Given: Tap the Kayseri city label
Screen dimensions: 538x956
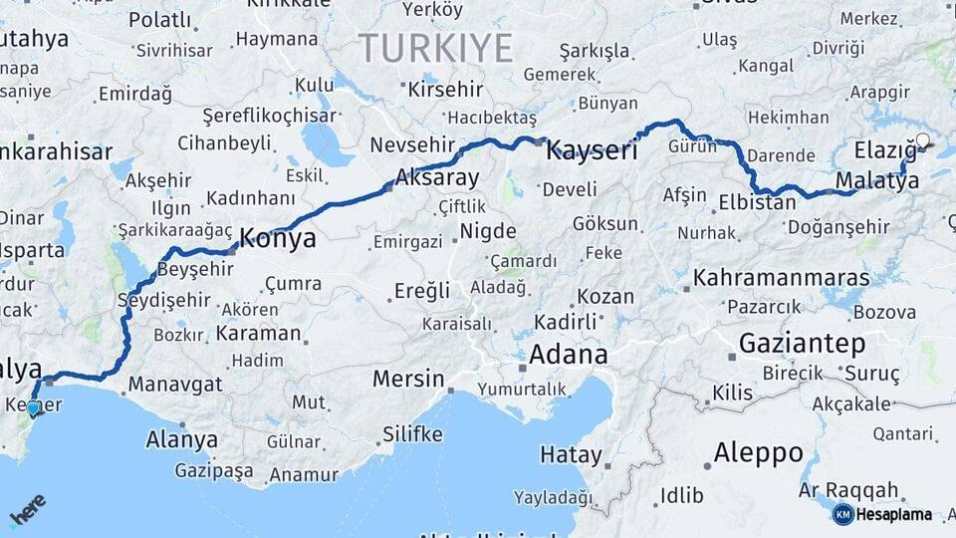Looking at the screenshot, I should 592,151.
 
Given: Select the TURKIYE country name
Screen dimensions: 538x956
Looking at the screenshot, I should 435,48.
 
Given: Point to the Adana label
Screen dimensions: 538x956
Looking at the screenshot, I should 568,355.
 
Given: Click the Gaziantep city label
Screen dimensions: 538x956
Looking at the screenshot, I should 802,345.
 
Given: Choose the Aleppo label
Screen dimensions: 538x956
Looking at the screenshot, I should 758,453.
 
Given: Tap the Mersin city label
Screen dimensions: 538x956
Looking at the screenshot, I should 408,379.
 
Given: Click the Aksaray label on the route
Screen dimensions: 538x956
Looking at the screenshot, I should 436,178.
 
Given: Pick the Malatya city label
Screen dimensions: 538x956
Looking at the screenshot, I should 877,181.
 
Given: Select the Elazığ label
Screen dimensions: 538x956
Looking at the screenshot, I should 885,151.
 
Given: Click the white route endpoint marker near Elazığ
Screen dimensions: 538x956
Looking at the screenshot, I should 923,140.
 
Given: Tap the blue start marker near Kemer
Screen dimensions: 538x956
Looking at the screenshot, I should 33,408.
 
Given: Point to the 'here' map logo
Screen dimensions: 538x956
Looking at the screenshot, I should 27,509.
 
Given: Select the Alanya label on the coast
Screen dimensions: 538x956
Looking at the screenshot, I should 182,439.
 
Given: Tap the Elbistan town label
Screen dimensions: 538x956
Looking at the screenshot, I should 757,203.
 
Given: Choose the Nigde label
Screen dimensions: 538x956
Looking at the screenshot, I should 482,233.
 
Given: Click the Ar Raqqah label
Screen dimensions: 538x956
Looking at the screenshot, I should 849,490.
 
